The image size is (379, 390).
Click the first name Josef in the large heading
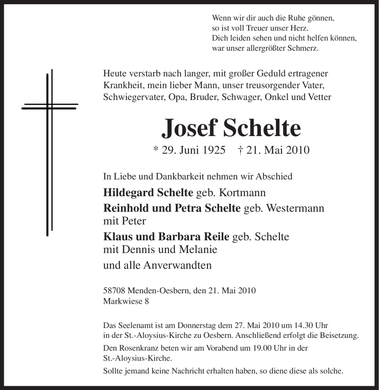[188, 128]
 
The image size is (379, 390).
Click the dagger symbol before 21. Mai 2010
[241, 150]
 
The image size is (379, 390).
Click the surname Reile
[216, 236]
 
